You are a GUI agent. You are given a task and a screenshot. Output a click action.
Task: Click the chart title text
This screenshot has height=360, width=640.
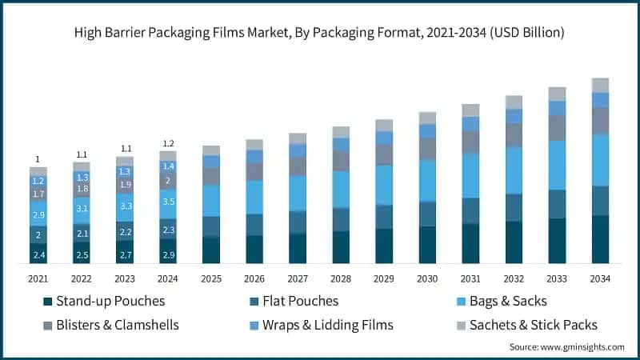pos(320,33)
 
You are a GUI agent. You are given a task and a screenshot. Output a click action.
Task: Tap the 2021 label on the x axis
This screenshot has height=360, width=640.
pos(38,278)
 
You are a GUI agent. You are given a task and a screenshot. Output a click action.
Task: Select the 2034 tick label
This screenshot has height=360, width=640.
pos(600,278)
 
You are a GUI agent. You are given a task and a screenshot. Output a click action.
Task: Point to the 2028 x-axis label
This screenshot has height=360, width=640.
pos(341,278)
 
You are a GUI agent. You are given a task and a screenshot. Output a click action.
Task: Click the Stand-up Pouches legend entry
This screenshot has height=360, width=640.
pos(104,302)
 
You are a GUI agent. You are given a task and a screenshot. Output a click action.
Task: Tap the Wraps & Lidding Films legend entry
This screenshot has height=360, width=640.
pos(316,326)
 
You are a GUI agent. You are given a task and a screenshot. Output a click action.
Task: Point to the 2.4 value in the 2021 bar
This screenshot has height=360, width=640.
pos(38,254)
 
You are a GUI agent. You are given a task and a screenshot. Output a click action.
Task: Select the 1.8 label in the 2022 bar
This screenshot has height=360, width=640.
pos(82,189)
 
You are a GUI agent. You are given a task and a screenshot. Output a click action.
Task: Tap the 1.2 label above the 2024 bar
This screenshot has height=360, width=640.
pos(168,144)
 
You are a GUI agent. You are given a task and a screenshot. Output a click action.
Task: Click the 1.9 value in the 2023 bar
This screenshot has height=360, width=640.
pos(125,185)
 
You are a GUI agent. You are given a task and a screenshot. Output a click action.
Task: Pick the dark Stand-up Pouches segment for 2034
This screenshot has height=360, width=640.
pos(600,239)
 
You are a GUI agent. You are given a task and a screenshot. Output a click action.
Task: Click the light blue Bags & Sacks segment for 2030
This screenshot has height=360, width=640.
pos(427,180)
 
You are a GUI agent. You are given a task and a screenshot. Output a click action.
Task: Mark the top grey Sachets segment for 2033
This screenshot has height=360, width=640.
pos(557,94)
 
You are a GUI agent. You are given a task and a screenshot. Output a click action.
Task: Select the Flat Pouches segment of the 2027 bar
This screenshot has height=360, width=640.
pos(298,222)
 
